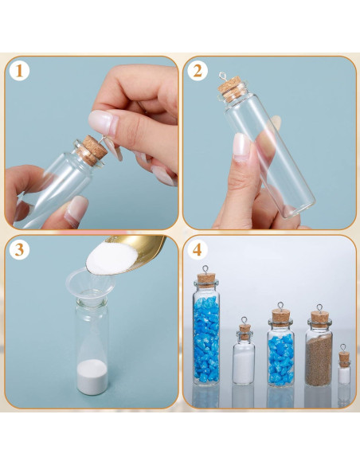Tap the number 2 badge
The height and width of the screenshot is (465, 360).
197,71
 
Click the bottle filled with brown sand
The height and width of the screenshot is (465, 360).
319,350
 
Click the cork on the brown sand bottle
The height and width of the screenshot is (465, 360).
319,317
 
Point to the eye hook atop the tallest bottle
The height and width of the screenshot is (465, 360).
205,271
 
